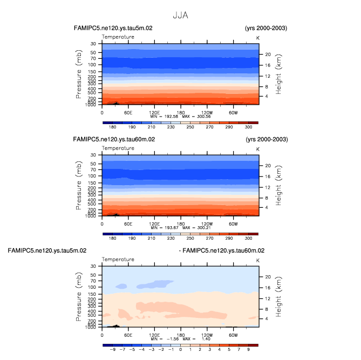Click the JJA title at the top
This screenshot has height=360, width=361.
point(180,15)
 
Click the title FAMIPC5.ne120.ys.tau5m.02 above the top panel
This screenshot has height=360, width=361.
point(114,28)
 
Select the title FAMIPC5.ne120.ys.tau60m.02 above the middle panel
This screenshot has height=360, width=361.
point(114,139)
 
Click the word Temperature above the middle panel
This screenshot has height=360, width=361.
point(118,148)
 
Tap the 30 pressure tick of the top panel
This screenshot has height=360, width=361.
point(93,43)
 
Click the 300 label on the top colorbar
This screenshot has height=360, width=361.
point(248,127)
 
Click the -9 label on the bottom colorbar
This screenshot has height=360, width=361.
point(113,350)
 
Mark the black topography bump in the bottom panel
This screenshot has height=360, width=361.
point(114,325)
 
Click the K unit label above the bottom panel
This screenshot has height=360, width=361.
point(257,260)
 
